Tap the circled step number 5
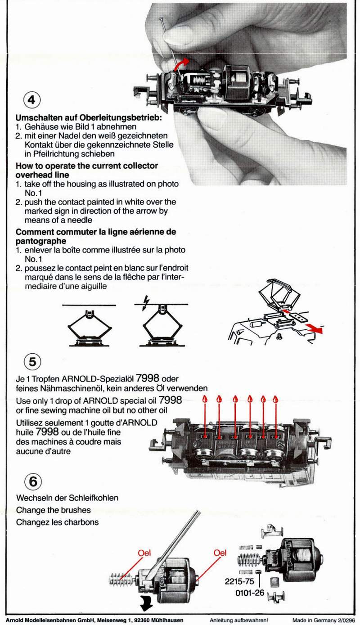pos(32,362)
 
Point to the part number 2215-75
pos(239,581)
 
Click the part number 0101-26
pos(249,593)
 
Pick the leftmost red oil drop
pos(205,399)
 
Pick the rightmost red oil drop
pos(275,399)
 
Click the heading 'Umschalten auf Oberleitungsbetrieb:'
pos(89,118)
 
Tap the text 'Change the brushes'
pos(53,510)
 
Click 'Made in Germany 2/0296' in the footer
pos(324,620)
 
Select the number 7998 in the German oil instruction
pos(147,378)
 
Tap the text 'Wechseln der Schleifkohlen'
pos(67,498)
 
